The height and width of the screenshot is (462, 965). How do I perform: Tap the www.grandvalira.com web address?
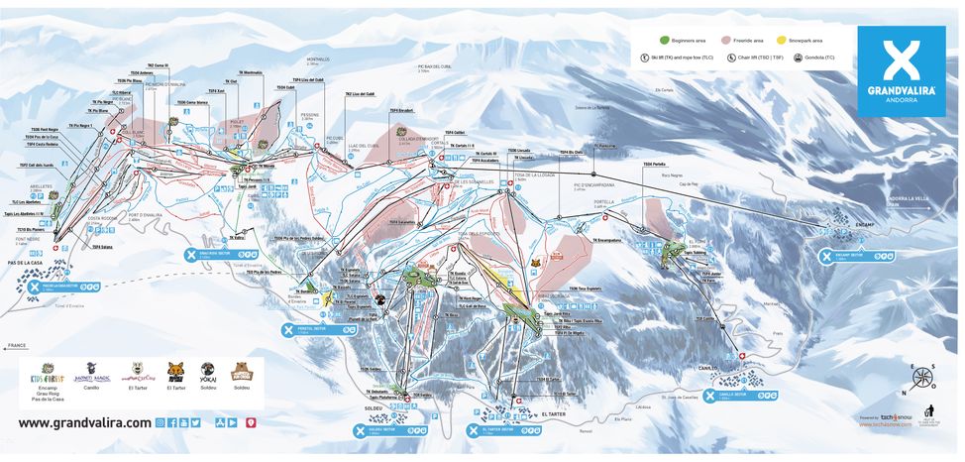coord(85,422)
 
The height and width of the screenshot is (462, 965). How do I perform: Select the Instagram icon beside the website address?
coord(161,422)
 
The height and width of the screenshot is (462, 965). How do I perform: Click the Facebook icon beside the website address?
coord(172,422)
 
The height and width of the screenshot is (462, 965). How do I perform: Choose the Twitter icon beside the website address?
coord(196,422)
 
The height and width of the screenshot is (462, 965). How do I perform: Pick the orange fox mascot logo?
coord(176,371)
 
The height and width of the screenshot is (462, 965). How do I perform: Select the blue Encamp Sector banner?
coord(858,256)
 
